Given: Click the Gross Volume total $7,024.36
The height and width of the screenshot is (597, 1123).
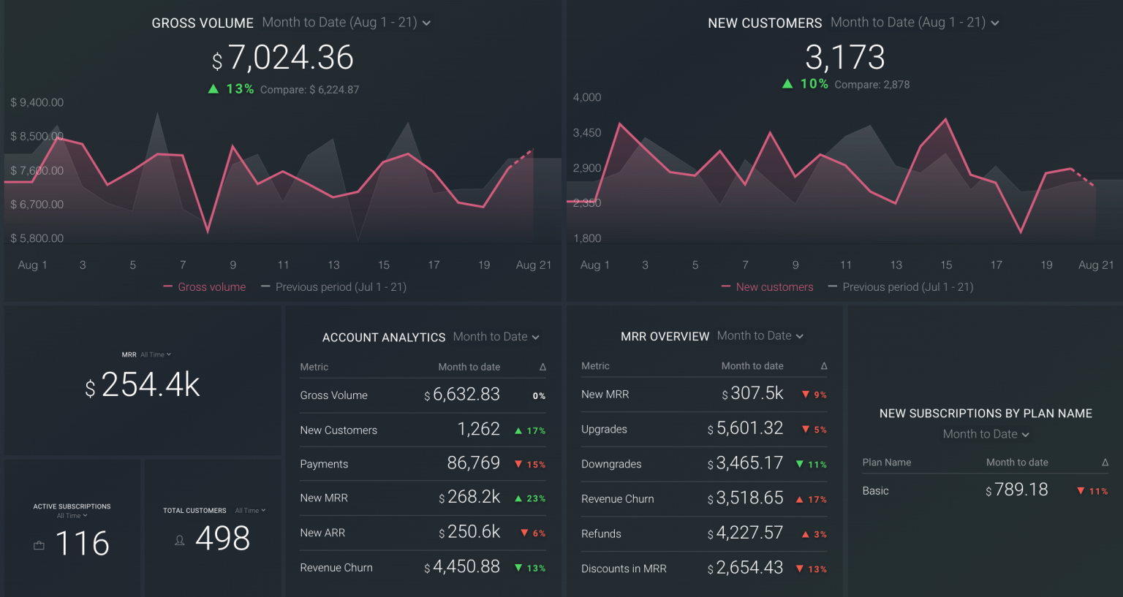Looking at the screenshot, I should pos(283,58).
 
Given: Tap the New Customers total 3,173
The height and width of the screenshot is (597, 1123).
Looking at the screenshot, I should pos(844,58).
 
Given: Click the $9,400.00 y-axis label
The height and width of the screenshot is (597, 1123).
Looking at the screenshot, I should pos(37,102).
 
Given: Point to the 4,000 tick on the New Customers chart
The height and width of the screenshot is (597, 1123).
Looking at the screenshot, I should pos(586,97).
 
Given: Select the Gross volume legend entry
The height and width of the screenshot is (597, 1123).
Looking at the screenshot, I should pos(205,287).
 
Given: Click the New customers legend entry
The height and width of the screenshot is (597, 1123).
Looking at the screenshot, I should pos(767,287).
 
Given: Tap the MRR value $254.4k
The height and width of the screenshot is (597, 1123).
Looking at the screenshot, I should pos(143,385).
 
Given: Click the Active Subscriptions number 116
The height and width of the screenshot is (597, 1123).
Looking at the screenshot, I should pos(82,544).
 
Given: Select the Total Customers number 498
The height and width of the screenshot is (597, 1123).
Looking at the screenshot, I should pos(222,539).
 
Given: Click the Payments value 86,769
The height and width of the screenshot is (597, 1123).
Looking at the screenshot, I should pos(473,463).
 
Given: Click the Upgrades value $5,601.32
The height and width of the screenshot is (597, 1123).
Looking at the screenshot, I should pos(745,428).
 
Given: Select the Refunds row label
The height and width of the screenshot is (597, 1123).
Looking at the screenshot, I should pos(601,534).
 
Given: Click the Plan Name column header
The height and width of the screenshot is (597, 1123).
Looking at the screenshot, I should pos(886,463).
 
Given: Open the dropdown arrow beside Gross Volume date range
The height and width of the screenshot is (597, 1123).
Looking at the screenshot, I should pos(426,23).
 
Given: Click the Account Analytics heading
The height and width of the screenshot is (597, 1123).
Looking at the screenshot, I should pos(384,338).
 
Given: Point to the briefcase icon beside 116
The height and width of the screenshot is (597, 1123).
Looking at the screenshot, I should pos(39,545).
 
